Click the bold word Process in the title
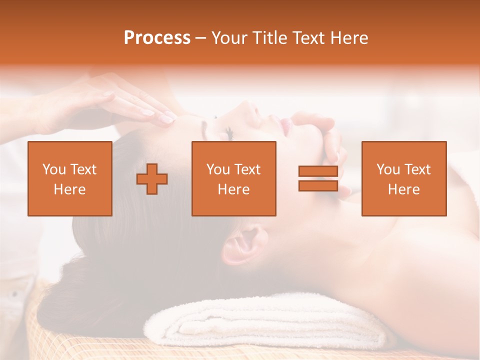[157, 38]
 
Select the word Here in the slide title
[348, 38]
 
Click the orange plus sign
[152, 178]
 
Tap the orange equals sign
[318, 178]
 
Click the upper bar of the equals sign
[318, 171]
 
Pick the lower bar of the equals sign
[318, 185]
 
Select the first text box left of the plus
[70, 178]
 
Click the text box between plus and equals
[233, 178]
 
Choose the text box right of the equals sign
[403, 178]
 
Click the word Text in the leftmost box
[83, 169]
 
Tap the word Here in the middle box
[233, 189]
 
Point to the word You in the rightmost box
[387, 169]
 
